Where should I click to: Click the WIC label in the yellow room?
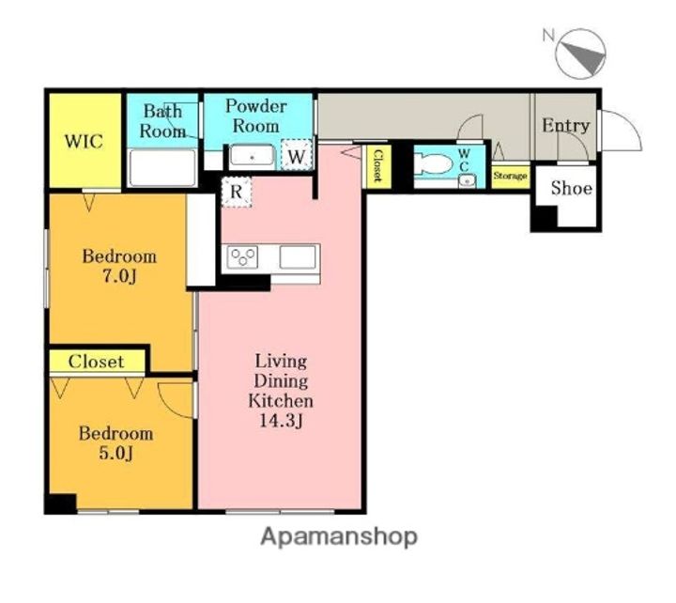(84, 142)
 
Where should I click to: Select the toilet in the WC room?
(434, 164)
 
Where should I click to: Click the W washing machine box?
(297, 155)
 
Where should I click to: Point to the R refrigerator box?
(237, 193)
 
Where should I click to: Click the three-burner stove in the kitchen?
(242, 257)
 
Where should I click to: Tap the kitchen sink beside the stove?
(298, 257)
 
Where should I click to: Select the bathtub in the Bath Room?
(162, 168)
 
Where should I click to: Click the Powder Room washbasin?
(253, 157)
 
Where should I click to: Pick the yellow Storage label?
(511, 176)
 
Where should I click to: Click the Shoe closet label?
(571, 188)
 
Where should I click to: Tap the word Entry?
(565, 126)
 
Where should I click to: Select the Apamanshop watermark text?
(339, 537)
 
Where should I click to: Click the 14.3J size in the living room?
(281, 421)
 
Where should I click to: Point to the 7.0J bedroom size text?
(119, 276)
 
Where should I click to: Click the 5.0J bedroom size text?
(116, 454)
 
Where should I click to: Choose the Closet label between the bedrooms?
(96, 362)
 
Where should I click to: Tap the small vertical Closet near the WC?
(377, 165)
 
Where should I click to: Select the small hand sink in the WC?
(467, 181)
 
